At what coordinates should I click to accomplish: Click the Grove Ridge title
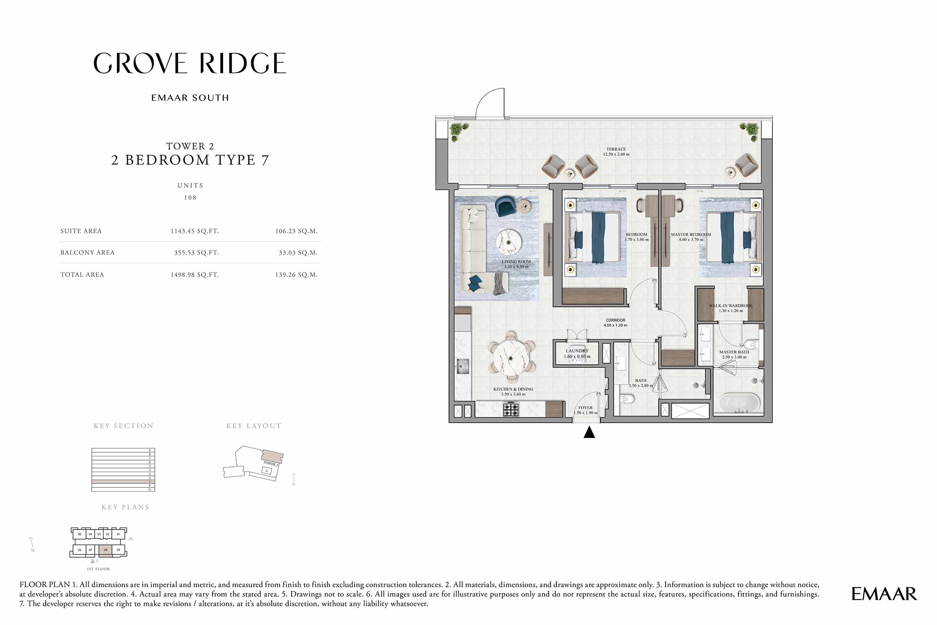pyautogui.click(x=190, y=63)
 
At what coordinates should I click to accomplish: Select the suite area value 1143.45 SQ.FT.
pyautogui.click(x=194, y=231)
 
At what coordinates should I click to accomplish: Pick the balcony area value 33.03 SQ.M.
pyautogui.click(x=298, y=253)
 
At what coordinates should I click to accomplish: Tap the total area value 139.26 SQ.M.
pyautogui.click(x=296, y=275)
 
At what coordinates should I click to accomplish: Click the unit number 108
pyautogui.click(x=190, y=198)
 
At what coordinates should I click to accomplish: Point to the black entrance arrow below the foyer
pyautogui.click(x=589, y=432)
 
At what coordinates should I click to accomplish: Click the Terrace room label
pyautogui.click(x=616, y=151)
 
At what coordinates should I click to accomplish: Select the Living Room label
pyautogui.click(x=516, y=264)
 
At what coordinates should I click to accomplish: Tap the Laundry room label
pyautogui.click(x=577, y=354)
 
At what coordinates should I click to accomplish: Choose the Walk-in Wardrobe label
pyautogui.click(x=730, y=308)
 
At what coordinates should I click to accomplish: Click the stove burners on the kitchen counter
pyautogui.click(x=511, y=409)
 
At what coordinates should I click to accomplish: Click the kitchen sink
pyautogui.click(x=463, y=366)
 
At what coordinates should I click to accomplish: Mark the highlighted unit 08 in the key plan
pyautogui.click(x=106, y=550)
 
